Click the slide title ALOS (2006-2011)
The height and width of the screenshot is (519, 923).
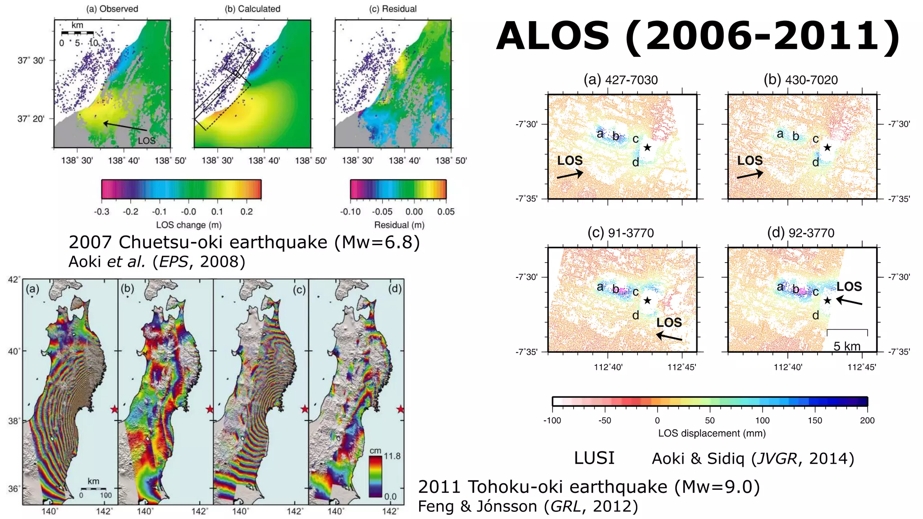(698, 36)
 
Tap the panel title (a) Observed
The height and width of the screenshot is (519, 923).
(112, 9)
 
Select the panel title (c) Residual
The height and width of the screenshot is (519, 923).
(393, 9)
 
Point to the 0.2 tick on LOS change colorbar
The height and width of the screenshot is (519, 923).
(247, 212)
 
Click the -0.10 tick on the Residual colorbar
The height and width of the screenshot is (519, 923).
(350, 212)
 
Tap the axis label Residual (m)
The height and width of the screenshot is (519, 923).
(399, 225)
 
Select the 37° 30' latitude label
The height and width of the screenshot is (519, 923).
(31, 60)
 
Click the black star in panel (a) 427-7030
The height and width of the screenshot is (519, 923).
(647, 147)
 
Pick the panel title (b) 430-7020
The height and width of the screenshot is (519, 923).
(800, 80)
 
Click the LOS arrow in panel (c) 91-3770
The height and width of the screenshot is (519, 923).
(669, 336)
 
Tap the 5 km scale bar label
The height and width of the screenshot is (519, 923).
(847, 346)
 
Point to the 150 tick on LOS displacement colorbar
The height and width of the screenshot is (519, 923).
(815, 420)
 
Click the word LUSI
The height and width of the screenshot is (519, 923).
(594, 458)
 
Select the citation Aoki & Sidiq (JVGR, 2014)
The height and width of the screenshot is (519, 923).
(753, 458)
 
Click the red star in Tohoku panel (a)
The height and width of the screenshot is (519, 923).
(114, 409)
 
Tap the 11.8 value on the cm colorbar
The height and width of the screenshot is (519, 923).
(392, 456)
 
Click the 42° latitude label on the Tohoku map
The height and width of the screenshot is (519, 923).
(14, 280)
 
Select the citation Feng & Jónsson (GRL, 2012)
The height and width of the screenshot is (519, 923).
(528, 506)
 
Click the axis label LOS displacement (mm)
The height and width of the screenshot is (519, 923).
(712, 433)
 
